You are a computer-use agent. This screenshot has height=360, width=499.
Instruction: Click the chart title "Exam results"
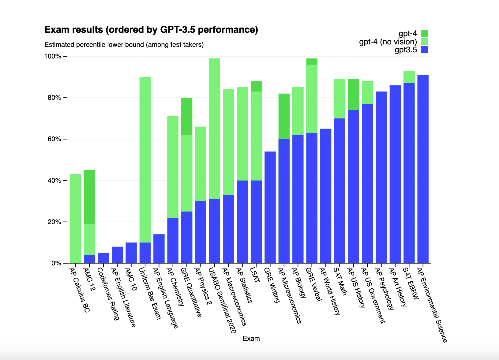(151, 30)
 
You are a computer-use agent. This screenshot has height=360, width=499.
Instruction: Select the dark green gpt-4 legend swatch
(424, 33)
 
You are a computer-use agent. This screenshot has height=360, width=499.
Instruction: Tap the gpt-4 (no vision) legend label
(388, 42)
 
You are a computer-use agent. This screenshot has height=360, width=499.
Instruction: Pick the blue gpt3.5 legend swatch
(424, 50)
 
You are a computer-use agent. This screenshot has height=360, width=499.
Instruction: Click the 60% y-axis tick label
(54, 139)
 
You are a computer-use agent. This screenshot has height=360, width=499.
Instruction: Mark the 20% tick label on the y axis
(54, 222)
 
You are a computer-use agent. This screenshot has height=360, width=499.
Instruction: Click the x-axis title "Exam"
(251, 338)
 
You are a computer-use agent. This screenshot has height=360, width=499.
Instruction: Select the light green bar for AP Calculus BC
(76, 219)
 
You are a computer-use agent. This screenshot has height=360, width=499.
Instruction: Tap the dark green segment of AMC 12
(89, 197)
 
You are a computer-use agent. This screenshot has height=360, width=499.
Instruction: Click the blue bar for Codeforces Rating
(103, 258)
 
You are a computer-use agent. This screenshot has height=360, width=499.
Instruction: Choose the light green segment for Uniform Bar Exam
(145, 159)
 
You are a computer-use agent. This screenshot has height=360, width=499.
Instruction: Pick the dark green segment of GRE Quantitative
(187, 116)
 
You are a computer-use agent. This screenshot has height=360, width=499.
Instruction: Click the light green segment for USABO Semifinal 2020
(215, 129)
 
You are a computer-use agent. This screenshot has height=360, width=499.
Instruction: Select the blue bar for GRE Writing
(270, 207)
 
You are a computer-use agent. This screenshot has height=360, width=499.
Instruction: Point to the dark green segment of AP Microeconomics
(284, 116)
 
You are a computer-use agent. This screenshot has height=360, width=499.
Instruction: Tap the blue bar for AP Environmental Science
(423, 169)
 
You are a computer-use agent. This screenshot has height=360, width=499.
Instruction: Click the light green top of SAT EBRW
(409, 77)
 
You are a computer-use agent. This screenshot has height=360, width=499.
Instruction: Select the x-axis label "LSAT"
(255, 275)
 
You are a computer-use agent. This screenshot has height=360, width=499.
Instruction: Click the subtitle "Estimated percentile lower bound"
(124, 45)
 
